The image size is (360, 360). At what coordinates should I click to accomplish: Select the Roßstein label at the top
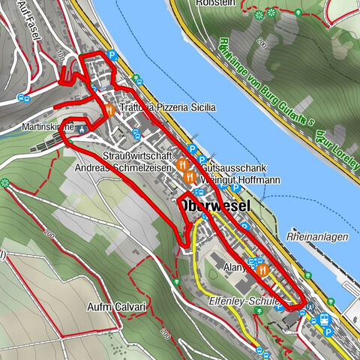214,3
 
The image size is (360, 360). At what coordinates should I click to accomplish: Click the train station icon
325,318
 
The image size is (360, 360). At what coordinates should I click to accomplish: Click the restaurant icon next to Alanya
263,268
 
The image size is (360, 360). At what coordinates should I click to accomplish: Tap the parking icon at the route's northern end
111,55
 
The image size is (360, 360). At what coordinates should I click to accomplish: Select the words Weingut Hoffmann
232,180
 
